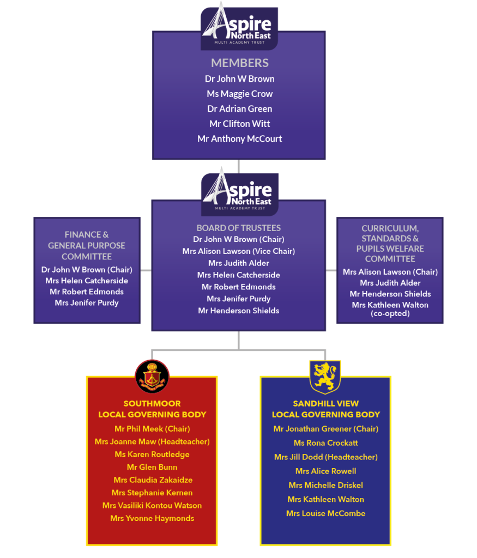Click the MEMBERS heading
(239, 63)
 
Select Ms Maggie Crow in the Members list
(239, 94)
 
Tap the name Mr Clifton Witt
(239, 124)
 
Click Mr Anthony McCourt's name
(239, 139)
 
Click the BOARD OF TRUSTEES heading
(238, 228)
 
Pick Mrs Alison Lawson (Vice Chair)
(238, 251)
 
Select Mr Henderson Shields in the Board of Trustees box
(238, 311)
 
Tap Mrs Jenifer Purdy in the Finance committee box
(87, 302)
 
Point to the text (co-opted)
(390, 313)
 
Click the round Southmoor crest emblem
(152, 376)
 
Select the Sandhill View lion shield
(325, 376)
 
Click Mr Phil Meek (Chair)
(152, 429)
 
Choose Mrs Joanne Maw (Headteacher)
(152, 441)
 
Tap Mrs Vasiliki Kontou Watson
(152, 506)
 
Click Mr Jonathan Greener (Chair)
(325, 429)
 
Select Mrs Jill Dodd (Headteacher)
(325, 457)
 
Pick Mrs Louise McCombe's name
(325, 513)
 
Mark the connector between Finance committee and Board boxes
(146, 270)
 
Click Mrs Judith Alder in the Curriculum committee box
(390, 283)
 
